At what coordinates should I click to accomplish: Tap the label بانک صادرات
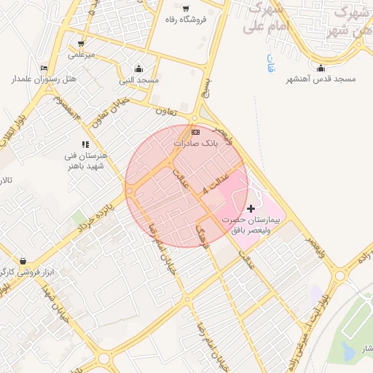(x=195, y=144)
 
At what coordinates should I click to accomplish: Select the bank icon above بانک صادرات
(x=195, y=133)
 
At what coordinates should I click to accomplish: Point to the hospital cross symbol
(x=252, y=209)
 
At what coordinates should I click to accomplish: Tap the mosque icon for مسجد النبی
(x=139, y=68)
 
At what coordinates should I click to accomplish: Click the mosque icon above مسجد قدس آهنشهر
(x=321, y=68)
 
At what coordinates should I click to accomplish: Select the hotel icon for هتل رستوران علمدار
(x=45, y=68)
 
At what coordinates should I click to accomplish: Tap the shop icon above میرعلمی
(x=81, y=44)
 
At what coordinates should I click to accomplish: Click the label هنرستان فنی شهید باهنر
(x=88, y=161)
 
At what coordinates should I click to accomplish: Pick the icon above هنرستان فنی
(x=85, y=144)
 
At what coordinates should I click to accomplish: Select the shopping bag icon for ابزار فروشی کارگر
(x=25, y=261)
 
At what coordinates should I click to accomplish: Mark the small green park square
(x=77, y=218)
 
